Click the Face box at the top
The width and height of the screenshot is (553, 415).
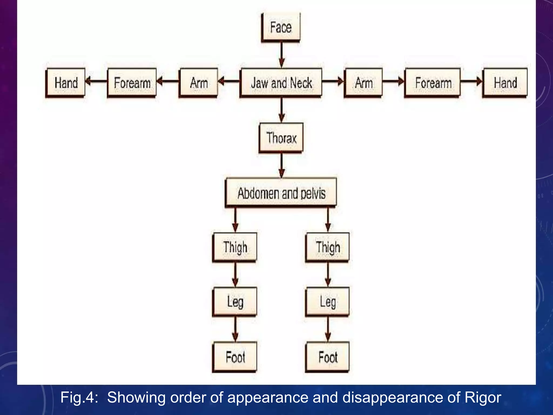coord(281,28)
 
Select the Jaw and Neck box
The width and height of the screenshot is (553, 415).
coord(281,83)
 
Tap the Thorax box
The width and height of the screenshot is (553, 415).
coord(281,138)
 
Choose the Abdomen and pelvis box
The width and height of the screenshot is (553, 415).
coord(281,193)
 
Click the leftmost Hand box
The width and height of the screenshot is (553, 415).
coord(66,83)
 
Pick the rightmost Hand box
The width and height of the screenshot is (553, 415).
coord(505,83)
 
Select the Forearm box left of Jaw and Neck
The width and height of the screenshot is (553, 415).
coord(132,83)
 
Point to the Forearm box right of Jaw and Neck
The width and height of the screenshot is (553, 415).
coord(433,83)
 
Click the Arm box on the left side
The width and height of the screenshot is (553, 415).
coord(198,83)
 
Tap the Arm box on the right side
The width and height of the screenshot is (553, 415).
coord(363,83)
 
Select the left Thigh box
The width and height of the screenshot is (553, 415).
coord(235,247)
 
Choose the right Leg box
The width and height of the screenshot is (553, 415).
coord(328,302)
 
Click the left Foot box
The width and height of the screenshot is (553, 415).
coord(235,357)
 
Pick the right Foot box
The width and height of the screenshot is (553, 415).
coord(328,357)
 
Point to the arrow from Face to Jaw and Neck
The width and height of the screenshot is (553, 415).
coord(281,55)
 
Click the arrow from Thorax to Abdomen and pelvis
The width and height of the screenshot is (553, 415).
coord(281,165)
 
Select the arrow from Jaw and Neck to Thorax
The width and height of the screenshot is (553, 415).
coord(281,110)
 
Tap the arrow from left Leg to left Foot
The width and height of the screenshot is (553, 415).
coord(235,329)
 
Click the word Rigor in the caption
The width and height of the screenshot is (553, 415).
coord(483,397)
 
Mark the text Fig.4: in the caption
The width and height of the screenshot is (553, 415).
coord(79,397)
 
